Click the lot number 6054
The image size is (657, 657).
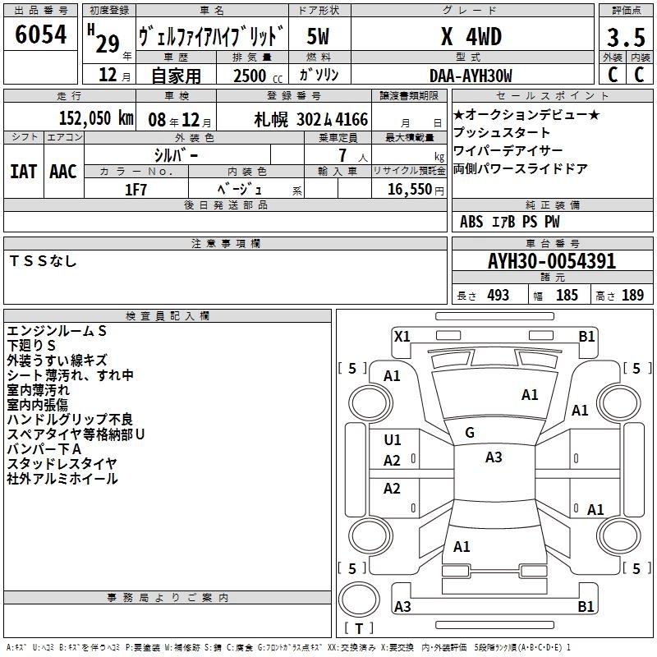click(x=40, y=34)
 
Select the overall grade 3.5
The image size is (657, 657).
click(x=626, y=37)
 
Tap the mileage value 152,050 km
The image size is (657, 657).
click(x=96, y=118)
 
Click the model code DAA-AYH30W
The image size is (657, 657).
click(x=471, y=76)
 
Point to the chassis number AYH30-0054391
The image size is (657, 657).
click(x=552, y=261)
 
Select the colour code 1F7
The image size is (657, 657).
click(x=136, y=190)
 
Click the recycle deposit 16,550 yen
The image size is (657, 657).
click(x=416, y=190)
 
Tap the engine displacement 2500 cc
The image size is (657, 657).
click(x=258, y=76)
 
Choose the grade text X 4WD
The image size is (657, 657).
click(x=471, y=36)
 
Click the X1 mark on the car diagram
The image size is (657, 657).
click(x=402, y=336)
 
